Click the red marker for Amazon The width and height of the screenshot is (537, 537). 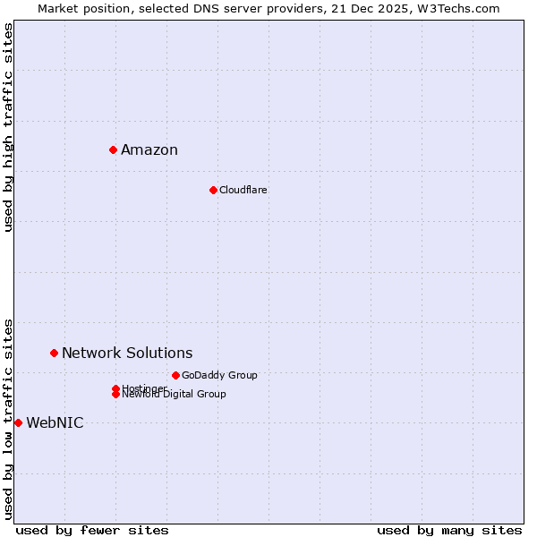(x=114, y=149)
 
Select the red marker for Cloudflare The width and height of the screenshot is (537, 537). (x=213, y=190)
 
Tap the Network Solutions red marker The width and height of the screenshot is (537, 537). (x=55, y=353)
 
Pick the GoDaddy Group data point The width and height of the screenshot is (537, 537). (x=175, y=375)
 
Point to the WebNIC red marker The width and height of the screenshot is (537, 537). (x=18, y=422)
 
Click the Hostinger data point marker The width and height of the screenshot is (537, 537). (x=115, y=388)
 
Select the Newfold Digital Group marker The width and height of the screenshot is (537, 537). (x=115, y=395)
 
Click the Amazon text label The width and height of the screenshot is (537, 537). (x=149, y=149)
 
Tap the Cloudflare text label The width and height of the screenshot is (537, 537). (x=243, y=190)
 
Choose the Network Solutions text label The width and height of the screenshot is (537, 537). (x=127, y=353)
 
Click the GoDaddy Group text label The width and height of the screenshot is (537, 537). (x=219, y=375)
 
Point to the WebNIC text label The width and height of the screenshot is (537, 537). (x=55, y=422)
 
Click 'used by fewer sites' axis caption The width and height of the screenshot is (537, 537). (x=92, y=530)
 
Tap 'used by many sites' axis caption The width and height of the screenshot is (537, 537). (x=449, y=530)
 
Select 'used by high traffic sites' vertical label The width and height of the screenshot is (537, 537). (x=8, y=127)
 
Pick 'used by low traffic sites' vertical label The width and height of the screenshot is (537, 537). (x=8, y=418)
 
